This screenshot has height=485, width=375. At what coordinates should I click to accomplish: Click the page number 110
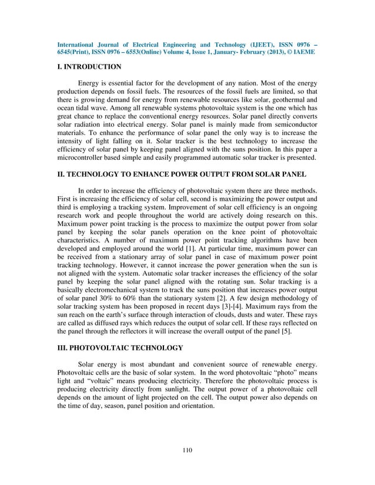(187, 450)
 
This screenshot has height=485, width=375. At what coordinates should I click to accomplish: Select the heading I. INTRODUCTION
(89, 67)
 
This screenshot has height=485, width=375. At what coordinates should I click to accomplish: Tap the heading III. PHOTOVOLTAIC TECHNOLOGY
(120, 348)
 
